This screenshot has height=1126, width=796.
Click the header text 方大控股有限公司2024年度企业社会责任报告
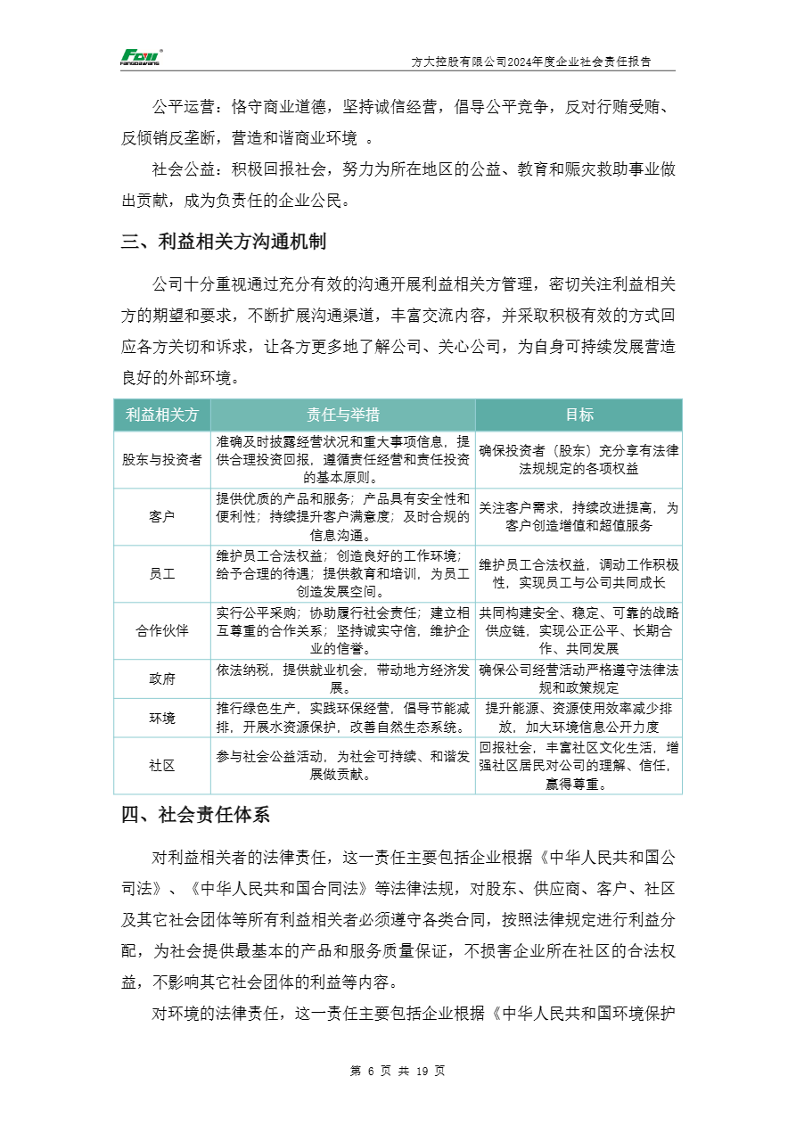pyautogui.click(x=530, y=62)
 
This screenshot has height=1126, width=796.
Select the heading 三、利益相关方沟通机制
pyautogui.click(x=223, y=242)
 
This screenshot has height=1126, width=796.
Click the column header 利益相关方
pyautogui.click(x=162, y=415)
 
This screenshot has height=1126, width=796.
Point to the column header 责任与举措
pyautogui.click(x=342, y=415)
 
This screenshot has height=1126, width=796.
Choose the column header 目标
pyautogui.click(x=579, y=415)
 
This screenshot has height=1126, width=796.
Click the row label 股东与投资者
pyautogui.click(x=162, y=459)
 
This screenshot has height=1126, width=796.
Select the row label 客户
pyautogui.click(x=162, y=516)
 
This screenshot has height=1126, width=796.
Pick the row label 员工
pyautogui.click(x=162, y=573)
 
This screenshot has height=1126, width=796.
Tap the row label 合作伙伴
pyautogui.click(x=162, y=630)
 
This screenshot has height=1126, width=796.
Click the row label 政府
pyautogui.click(x=162, y=678)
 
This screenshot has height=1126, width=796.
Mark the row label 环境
pyautogui.click(x=162, y=718)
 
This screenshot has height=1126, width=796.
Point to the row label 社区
pyautogui.click(x=162, y=765)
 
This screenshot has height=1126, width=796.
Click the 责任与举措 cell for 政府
pyautogui.click(x=342, y=678)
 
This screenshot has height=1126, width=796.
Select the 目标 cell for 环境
pyautogui.click(x=579, y=718)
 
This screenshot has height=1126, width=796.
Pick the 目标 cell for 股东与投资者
pyautogui.click(x=579, y=459)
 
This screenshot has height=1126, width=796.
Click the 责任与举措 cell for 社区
pyautogui.click(x=342, y=765)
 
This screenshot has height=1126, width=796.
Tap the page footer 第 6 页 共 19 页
pyautogui.click(x=398, y=1071)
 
